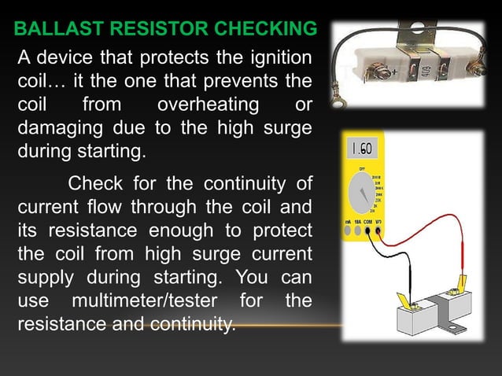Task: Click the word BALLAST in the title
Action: point(52,31)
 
